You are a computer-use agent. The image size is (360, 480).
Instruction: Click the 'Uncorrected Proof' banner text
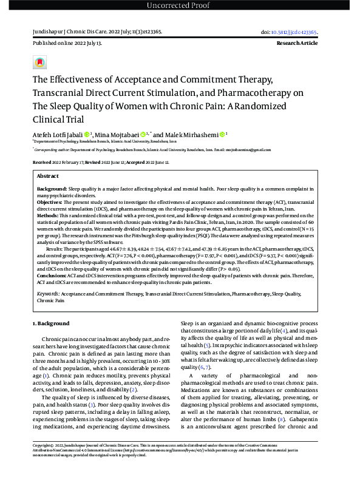pos(180,6)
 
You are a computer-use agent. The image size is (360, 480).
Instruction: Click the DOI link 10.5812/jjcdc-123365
pos(307,32)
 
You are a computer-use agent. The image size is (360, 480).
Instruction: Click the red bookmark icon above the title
pos(40,63)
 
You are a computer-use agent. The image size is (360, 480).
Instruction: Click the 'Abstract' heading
pos(48,175)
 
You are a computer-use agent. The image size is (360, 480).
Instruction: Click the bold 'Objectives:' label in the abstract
pos(52,202)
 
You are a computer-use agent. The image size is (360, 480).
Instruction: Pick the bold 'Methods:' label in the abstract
pos(47,215)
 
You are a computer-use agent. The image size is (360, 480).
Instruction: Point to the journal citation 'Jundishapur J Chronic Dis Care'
pos(70,32)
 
